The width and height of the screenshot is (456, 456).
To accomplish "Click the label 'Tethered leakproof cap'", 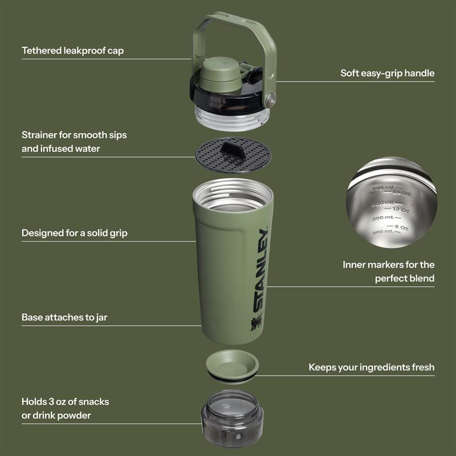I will pos(72,51).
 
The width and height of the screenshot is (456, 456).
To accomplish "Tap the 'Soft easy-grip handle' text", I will pos(387,73).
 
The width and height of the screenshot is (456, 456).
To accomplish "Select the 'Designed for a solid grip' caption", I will pos(74,233).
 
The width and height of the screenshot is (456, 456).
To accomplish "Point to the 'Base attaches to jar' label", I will pos(64,317).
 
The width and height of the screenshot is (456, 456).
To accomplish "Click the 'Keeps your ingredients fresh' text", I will pos(371,367).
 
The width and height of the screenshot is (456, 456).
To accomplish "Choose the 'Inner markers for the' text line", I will pos(388,264).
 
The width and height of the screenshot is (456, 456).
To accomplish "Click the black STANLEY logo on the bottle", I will pos(261,270).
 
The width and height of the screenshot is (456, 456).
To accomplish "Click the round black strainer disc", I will pos(214,155).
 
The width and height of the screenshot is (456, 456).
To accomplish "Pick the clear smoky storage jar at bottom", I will pos(232,417).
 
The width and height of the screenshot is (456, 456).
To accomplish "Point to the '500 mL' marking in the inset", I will pos(381,188).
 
